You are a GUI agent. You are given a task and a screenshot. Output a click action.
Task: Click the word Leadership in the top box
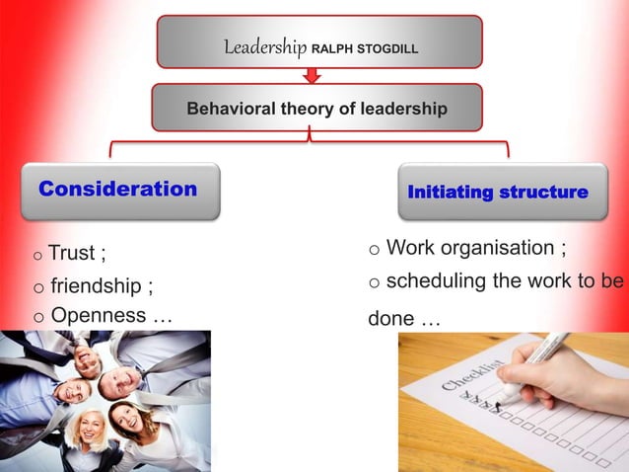coord(265,46)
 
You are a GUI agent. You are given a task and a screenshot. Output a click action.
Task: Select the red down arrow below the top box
coord(313,75)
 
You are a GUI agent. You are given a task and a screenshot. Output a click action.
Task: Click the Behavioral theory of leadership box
coord(316,108)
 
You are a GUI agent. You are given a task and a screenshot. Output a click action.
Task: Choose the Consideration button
coord(118,190)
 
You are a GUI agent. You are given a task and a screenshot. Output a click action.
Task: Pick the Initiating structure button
coord(498,192)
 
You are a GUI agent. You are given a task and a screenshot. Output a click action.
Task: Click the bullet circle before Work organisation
coord(375,250)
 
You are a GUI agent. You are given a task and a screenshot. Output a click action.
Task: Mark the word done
coord(389,320)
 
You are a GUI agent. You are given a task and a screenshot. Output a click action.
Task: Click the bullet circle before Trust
coord(37,256)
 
